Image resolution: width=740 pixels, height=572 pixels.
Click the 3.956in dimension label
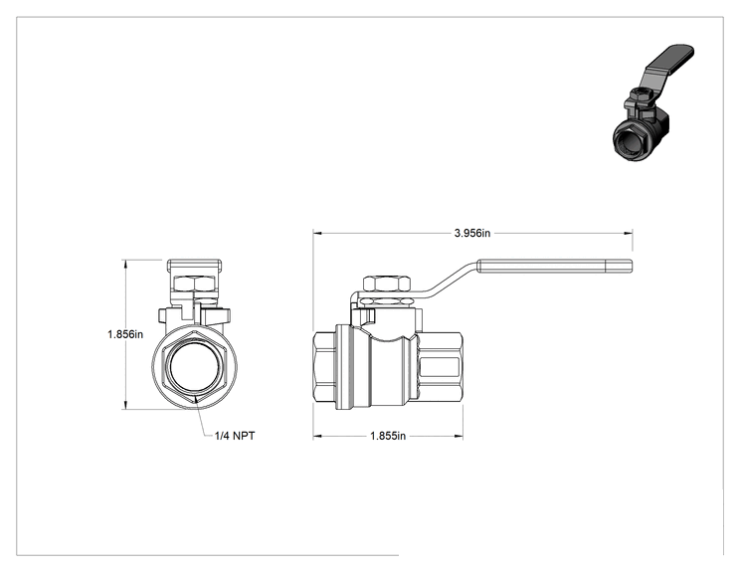[471, 233]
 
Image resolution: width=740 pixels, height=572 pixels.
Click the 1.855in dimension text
[388, 436]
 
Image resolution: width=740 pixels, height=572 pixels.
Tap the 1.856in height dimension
[125, 334]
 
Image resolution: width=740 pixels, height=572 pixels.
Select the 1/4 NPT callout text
[235, 436]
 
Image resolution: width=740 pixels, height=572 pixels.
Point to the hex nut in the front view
[194, 284]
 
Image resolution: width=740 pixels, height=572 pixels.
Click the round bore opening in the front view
[194, 366]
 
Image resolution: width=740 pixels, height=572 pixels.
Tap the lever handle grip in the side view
[555, 267]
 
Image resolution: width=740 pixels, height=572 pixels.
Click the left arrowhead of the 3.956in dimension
[317, 233]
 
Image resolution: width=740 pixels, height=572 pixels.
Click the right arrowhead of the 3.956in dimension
[629, 233]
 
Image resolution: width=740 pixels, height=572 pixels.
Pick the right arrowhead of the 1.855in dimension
[459, 436]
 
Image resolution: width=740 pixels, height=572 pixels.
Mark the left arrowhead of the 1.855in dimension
[317, 436]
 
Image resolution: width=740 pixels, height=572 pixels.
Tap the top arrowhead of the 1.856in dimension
[125, 264]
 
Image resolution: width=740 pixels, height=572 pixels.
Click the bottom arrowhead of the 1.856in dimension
[125, 405]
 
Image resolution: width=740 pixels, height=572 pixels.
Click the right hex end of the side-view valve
[440, 366]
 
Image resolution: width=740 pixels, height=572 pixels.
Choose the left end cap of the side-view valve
[324, 366]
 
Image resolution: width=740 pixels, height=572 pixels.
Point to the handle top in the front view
[194, 266]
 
